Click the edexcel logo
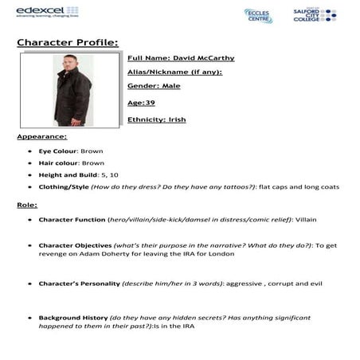coord(29,10)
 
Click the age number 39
coord(150,103)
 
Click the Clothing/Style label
coord(63,187)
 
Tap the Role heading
coord(26,205)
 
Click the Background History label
coord(72,318)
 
